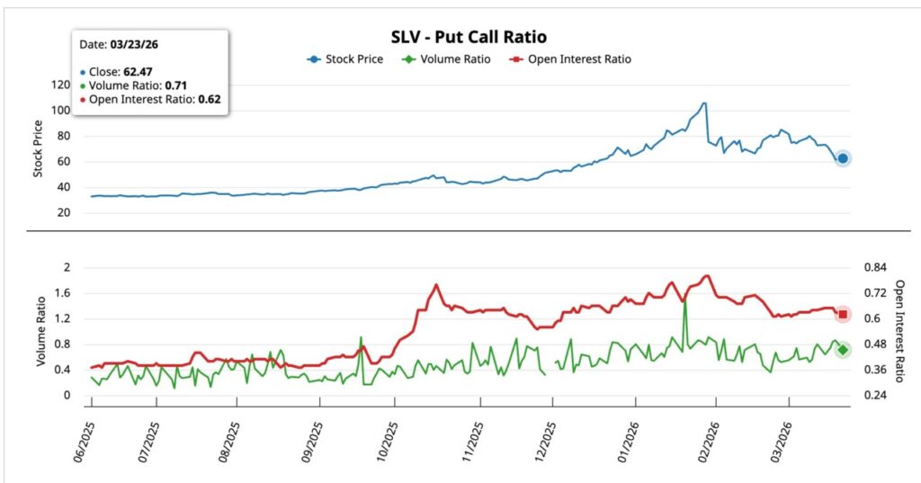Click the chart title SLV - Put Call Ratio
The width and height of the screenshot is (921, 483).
(469, 37)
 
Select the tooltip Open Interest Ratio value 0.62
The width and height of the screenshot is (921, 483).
(209, 99)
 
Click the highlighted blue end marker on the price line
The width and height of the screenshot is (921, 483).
(843, 158)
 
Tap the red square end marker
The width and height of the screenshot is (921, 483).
(843, 314)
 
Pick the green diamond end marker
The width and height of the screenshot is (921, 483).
(843, 350)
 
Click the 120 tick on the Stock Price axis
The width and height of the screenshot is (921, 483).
(60, 85)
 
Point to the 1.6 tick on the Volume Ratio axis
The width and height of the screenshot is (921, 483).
(62, 293)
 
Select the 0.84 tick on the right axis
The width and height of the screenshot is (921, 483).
(875, 267)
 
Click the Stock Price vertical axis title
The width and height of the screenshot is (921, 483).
(38, 148)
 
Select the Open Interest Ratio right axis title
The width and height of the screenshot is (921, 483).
(899, 330)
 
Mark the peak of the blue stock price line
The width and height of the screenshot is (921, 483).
(704, 103)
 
